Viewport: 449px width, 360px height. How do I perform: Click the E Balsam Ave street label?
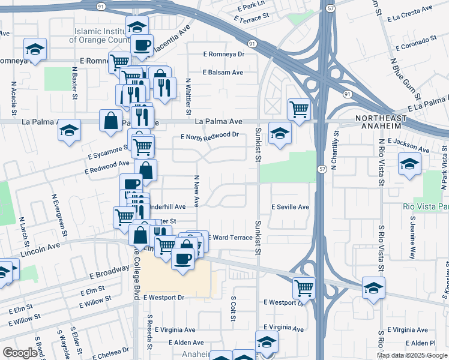[223, 73]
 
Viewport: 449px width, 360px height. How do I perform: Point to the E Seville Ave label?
[290, 207]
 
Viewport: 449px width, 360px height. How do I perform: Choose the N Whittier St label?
[188, 97]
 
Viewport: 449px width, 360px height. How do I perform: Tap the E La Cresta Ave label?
[410, 11]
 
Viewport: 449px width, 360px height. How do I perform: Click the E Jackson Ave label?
[409, 145]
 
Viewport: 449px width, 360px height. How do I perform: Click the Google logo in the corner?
[20, 353]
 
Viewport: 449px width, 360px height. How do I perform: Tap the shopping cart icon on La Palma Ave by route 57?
[298, 109]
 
